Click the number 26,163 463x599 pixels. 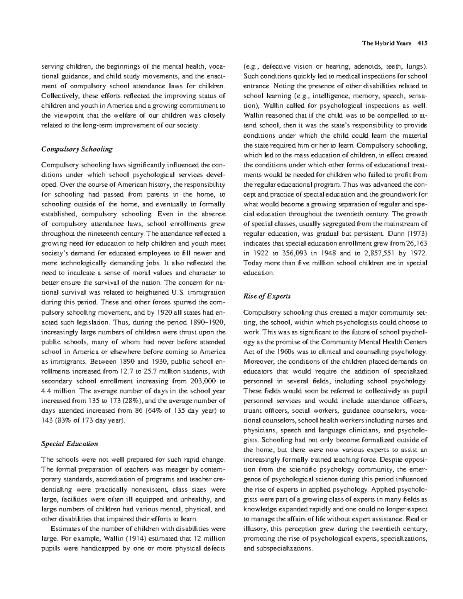(x=416, y=243)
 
